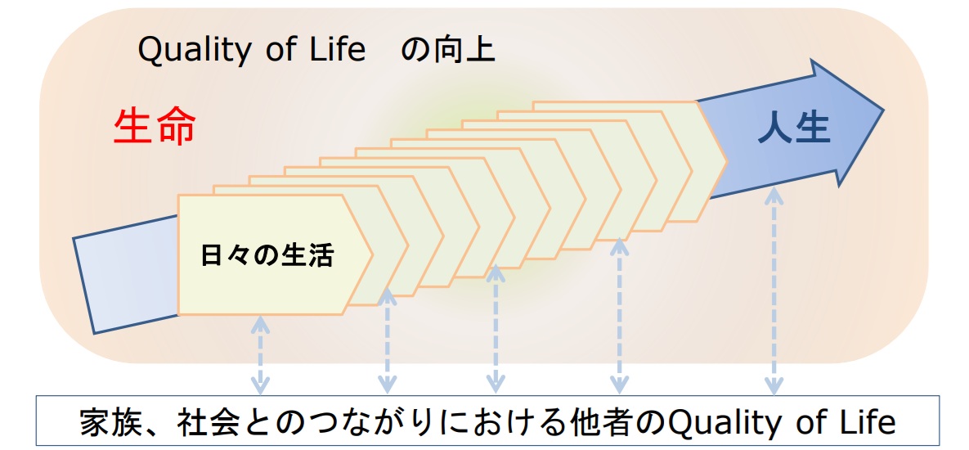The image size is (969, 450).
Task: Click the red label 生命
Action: click(155, 128)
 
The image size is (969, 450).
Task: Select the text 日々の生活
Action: click(267, 255)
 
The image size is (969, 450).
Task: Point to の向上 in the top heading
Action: click(449, 51)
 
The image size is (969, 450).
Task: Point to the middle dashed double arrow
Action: click(495, 327)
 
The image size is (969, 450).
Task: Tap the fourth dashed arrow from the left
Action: click(619, 314)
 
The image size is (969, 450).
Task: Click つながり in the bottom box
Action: click(368, 423)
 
